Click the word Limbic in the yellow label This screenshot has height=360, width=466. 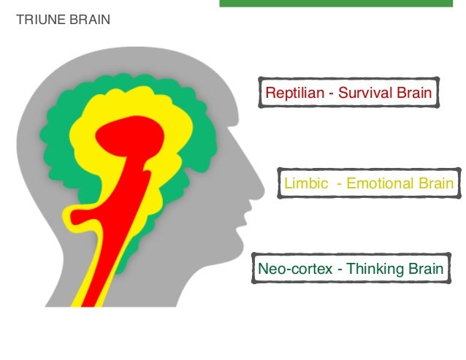302,183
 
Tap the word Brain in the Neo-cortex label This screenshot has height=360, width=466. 425,269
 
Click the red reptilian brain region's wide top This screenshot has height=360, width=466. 131,135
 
